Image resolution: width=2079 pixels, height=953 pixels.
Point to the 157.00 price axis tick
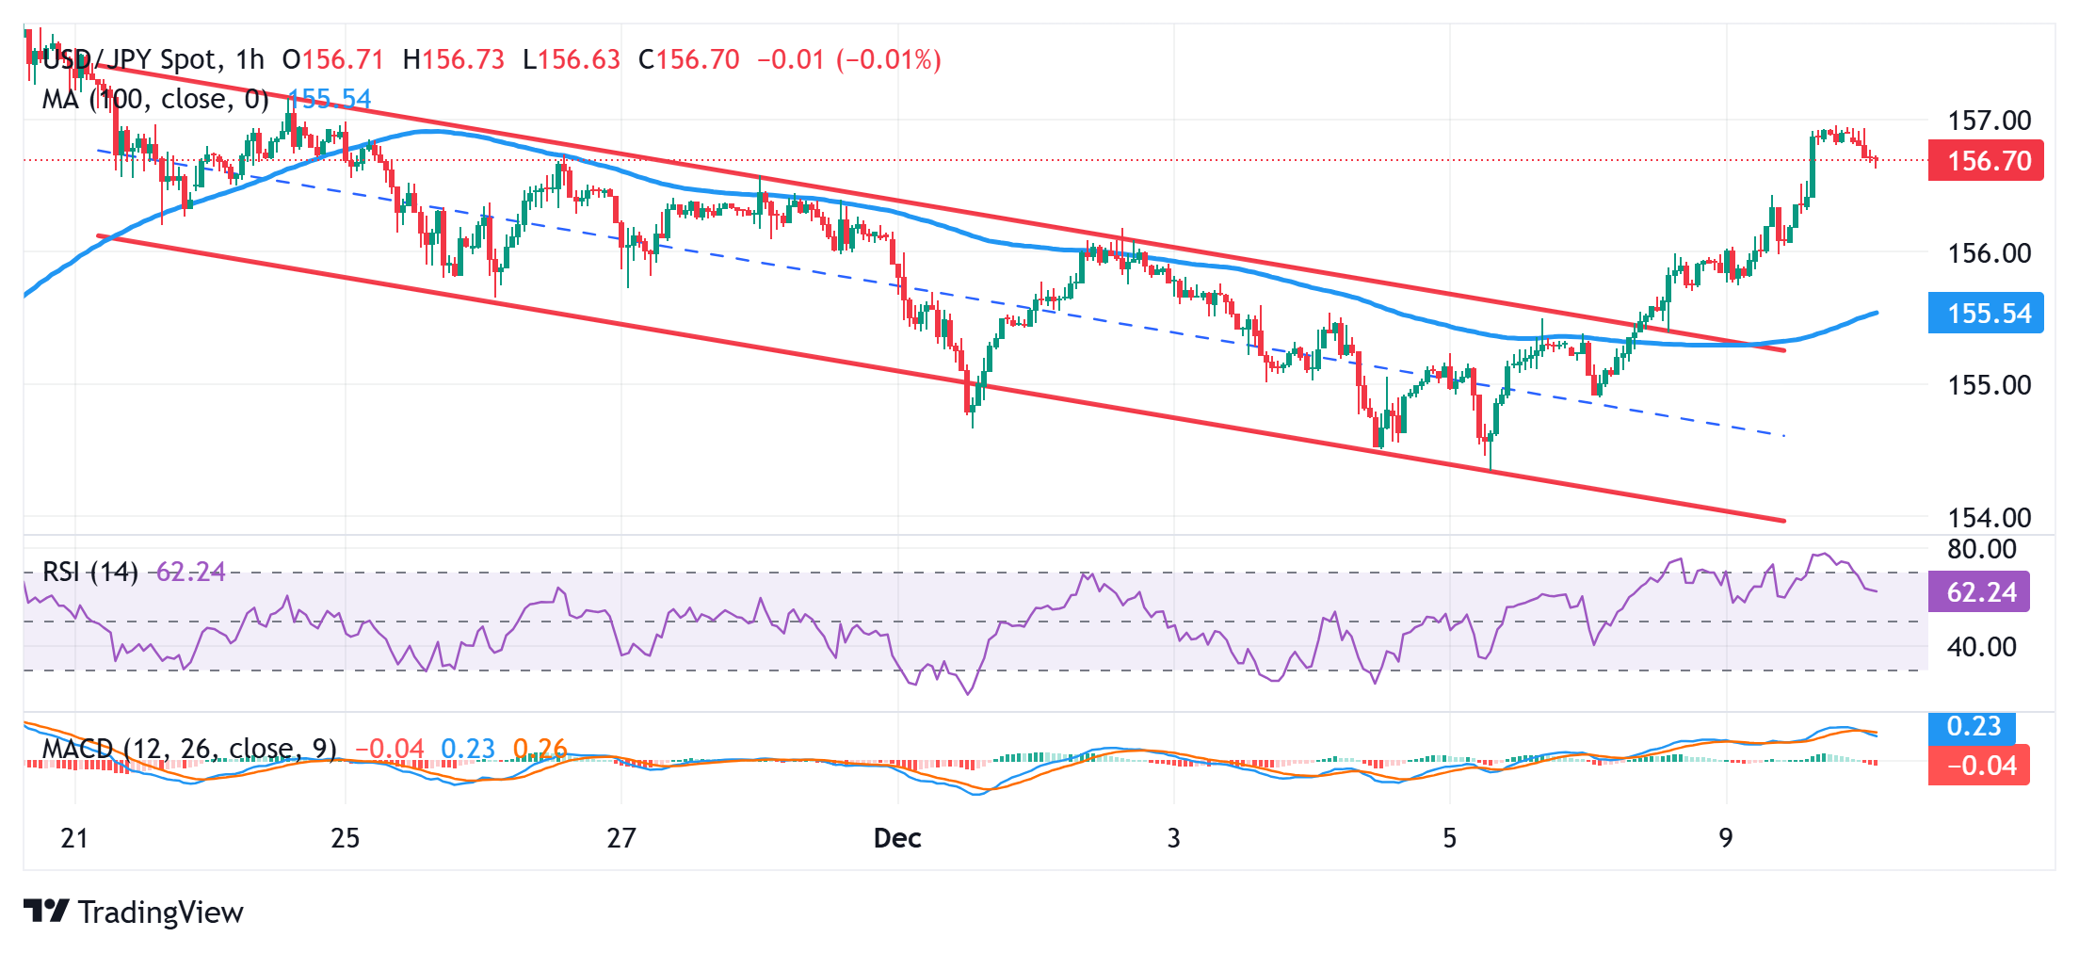point(1989,121)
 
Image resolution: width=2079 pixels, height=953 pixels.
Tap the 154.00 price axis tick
point(1989,517)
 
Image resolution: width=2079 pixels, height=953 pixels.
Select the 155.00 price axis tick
point(1989,385)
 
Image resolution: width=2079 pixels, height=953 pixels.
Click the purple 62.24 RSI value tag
point(1979,592)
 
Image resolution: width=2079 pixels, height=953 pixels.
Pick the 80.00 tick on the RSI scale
point(1981,549)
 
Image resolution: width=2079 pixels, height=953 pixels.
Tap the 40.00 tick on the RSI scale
point(1981,647)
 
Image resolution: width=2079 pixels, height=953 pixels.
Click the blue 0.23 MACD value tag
point(1973,727)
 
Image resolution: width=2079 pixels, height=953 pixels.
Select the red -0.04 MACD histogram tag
point(1979,766)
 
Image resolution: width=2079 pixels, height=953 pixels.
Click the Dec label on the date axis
point(897,838)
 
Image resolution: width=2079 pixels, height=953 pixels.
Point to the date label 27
point(621,838)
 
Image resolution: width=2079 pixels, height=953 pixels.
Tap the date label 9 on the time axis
point(1725,838)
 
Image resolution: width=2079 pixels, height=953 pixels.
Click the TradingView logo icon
point(46,911)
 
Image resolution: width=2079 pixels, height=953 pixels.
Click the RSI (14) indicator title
point(90,572)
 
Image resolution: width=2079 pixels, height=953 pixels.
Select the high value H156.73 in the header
point(454,60)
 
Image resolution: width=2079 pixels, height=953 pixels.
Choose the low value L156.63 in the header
point(572,60)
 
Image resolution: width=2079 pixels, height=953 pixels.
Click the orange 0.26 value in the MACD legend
point(540,749)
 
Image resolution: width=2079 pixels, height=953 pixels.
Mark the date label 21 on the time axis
point(74,838)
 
